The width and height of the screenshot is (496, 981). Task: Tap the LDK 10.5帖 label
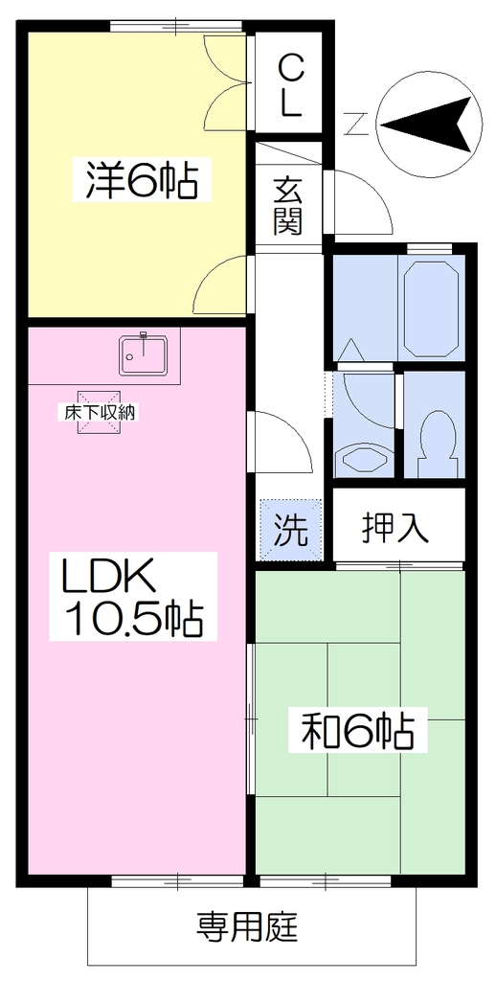tap(132, 596)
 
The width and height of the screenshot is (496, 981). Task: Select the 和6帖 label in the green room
tap(358, 730)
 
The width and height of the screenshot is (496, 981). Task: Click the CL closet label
tap(289, 85)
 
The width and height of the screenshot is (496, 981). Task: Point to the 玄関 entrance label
tap(288, 205)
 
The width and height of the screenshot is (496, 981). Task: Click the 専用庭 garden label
tap(248, 926)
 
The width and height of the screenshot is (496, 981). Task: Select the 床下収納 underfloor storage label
tap(99, 412)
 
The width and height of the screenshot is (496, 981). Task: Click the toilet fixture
tap(436, 442)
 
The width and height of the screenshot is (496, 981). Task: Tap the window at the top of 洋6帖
tap(176, 26)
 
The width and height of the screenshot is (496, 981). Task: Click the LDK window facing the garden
tap(178, 881)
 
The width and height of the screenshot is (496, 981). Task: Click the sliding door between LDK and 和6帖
tap(250, 719)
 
